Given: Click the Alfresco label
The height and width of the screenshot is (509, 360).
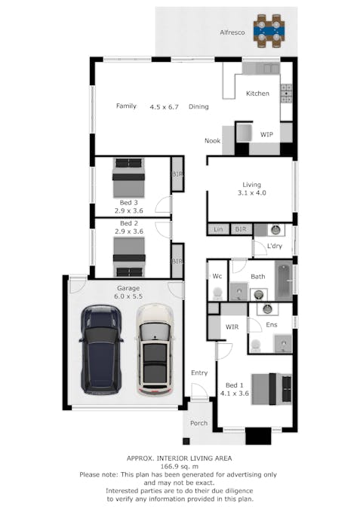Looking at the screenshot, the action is tap(232, 32).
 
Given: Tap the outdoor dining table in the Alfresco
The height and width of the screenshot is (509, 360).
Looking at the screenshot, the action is tap(269, 31).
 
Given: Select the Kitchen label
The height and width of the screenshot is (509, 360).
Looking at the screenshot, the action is tap(257, 94).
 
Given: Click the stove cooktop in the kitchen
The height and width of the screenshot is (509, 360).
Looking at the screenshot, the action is tap(286, 94).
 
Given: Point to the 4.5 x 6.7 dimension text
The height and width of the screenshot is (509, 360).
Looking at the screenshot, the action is tap(164, 107).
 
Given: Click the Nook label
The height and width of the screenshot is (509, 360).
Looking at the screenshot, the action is tap(213, 140).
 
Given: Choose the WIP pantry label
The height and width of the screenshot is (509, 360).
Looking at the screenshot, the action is tap(266, 134).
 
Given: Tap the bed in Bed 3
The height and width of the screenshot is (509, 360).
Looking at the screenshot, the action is tap(128, 177).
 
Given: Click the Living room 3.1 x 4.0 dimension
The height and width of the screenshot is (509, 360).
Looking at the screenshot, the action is tap(252, 193).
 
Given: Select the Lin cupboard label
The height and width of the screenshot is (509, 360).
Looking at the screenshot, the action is tap(218, 229).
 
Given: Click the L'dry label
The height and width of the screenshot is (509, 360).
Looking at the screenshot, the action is tap(275, 246).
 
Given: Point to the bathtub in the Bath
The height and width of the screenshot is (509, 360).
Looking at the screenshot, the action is tap(284, 281).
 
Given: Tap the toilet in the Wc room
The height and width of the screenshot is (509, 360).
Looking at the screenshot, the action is tap(217, 293).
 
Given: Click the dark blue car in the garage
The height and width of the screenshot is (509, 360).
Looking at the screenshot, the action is tap(101, 349).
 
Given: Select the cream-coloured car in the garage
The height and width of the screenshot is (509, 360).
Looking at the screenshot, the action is tap(154, 350).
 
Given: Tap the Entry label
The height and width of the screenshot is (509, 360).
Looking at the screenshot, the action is tap(199, 373).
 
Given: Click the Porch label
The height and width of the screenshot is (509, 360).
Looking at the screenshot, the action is tap(198, 423).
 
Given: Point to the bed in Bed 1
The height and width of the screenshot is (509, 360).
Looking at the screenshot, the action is tap(271, 389).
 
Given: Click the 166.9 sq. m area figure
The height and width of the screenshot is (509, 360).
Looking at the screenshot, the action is tap(180, 467).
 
